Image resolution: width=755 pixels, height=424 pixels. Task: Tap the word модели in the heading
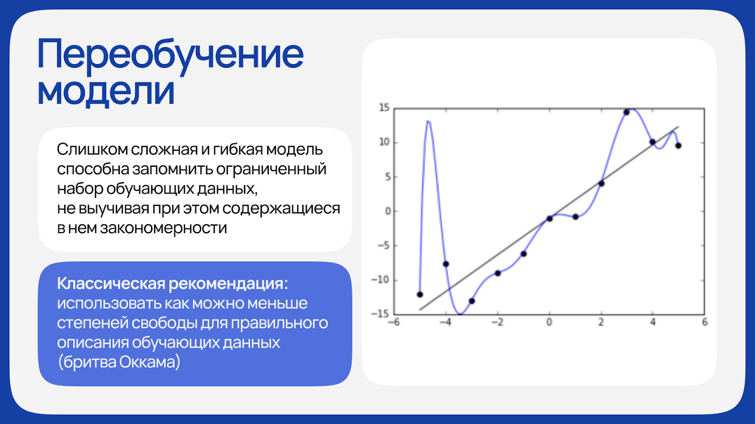click(x=106, y=91)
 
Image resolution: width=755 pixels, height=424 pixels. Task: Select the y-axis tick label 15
click(x=384, y=108)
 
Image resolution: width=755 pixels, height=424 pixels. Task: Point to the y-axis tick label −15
click(x=380, y=314)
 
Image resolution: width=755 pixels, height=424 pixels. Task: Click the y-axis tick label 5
click(x=387, y=177)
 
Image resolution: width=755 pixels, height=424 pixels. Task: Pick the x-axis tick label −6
click(x=394, y=322)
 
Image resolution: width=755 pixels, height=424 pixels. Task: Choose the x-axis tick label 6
click(x=705, y=322)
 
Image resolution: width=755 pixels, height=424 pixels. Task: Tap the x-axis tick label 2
click(x=601, y=322)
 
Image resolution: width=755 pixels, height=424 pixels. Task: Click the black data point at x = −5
click(x=419, y=294)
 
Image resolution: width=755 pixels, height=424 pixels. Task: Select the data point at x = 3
click(x=627, y=113)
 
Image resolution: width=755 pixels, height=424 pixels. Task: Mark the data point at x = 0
click(x=549, y=219)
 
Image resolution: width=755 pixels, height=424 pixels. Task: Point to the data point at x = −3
click(x=472, y=301)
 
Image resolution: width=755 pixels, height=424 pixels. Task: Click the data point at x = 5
click(x=679, y=146)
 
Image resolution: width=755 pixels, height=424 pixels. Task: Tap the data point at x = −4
click(x=445, y=264)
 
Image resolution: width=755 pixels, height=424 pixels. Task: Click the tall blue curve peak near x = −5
click(x=428, y=121)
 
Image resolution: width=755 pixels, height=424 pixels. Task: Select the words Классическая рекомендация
click(x=172, y=284)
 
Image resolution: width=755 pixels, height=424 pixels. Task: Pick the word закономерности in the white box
click(x=163, y=228)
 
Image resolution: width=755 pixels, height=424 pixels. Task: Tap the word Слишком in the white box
click(x=92, y=149)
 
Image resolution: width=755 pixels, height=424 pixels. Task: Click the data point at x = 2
click(x=601, y=184)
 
